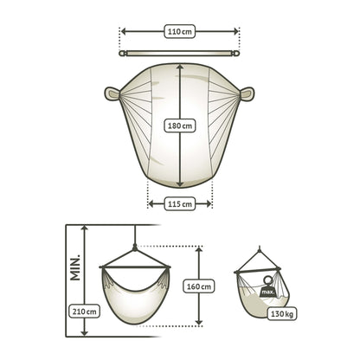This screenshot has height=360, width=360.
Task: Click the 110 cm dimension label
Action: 180,31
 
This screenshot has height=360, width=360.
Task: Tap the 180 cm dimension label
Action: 180,125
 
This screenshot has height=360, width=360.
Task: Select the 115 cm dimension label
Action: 180,204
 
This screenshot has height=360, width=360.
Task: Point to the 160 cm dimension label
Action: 199,286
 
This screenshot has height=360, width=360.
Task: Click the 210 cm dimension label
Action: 85,312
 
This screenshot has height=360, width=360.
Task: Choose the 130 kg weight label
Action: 282,313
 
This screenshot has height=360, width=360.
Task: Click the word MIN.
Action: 75,267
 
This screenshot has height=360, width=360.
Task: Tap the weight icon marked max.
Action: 268,287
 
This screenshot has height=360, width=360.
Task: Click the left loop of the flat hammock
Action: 112,93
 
